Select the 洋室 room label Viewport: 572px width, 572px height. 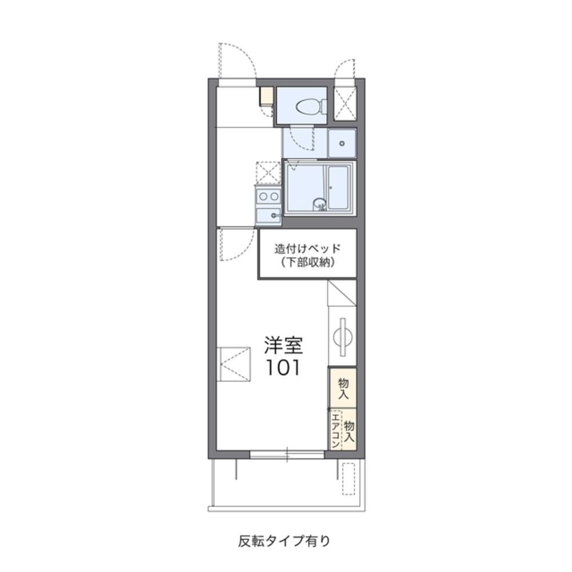(283, 345)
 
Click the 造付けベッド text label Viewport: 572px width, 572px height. (307, 249)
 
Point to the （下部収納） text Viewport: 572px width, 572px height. (307, 263)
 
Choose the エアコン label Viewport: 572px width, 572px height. (334, 430)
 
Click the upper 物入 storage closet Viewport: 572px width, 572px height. (343, 388)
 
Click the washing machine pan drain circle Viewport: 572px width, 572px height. (343, 143)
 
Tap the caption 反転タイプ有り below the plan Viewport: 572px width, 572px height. (284, 539)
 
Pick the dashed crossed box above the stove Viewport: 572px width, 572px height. (268, 172)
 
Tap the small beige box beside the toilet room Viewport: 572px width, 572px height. (267, 96)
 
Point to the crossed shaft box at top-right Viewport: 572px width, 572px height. (345, 104)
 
